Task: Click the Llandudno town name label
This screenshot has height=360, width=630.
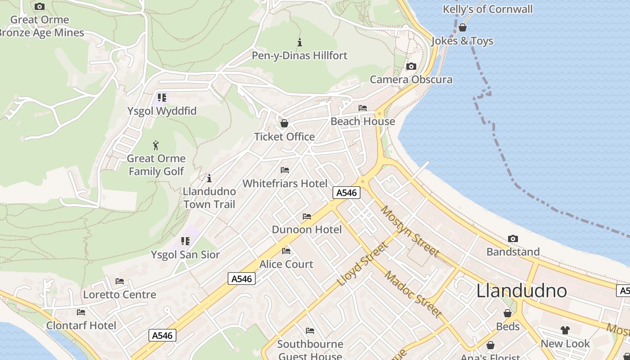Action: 522,291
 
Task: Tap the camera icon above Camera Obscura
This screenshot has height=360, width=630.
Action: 411,67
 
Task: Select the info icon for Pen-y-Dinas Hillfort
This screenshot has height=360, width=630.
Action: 300,43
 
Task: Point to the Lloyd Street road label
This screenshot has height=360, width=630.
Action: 362,264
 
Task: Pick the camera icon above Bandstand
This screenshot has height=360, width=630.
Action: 513,239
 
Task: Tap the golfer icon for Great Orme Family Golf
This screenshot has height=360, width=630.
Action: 156,145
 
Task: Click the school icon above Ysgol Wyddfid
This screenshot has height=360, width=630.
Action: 162,98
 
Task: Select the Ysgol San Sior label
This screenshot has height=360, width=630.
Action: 185,255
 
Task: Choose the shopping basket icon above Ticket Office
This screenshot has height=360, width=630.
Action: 284,123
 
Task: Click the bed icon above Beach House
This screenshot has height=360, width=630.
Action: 362,108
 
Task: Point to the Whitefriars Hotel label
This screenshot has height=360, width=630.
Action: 285,184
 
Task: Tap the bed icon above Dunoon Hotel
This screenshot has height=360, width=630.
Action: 307,216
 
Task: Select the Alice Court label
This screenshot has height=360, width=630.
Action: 286,264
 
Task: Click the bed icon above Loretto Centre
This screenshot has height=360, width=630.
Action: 120,281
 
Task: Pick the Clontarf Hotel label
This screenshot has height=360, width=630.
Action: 81,325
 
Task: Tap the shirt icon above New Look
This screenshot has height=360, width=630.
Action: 565,330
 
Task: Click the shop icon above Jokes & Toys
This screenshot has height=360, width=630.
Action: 462,28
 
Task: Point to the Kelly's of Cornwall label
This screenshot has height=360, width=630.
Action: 487,9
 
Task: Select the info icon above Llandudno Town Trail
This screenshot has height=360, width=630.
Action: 209,178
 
